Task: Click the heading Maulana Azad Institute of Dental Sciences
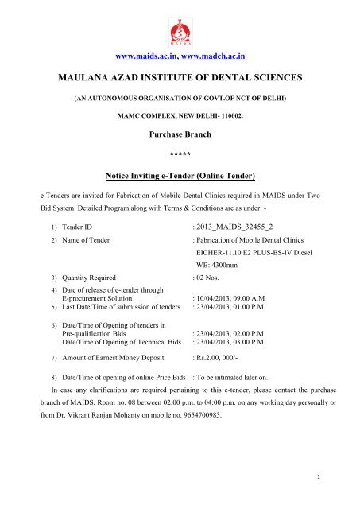point(179,80)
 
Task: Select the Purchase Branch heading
point(180,137)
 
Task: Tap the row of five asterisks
point(180,153)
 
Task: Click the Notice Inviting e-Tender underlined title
point(179,173)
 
